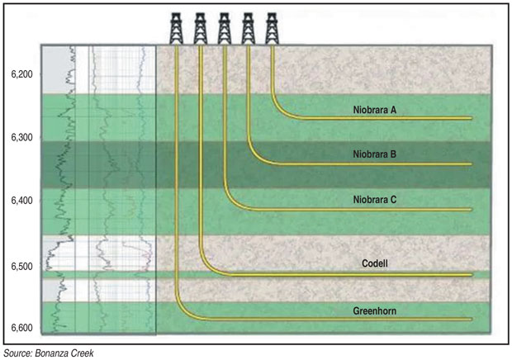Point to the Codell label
(x=374, y=264)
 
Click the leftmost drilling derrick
(x=177, y=27)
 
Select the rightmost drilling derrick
(x=272, y=27)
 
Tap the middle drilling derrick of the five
(x=224, y=27)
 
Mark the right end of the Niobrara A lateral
(x=470, y=119)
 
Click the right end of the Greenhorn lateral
(x=470, y=319)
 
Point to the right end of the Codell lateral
(x=470, y=274)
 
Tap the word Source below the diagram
(x=18, y=353)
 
